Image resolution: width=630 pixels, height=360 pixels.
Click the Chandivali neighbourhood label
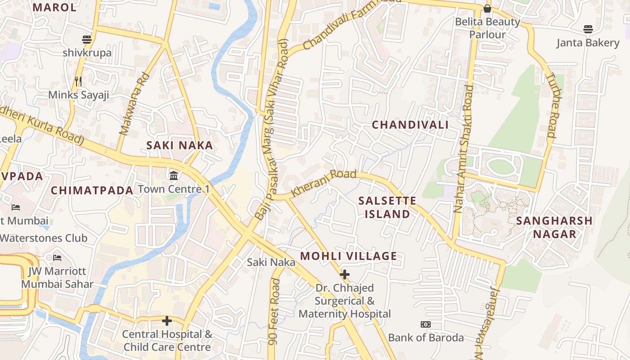[x=410, y=125]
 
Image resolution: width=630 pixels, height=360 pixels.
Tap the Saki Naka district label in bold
[x=180, y=145]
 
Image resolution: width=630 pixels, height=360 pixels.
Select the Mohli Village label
[x=348, y=256]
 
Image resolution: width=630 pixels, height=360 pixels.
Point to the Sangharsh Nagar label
[x=554, y=227]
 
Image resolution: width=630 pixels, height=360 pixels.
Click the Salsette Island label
[x=387, y=207]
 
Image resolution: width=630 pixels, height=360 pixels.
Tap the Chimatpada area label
[x=92, y=190]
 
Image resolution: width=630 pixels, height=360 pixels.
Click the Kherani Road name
[x=324, y=183]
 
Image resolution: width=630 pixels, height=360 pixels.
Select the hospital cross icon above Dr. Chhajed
[x=345, y=274]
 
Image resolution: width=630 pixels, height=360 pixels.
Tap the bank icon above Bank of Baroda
[x=425, y=324]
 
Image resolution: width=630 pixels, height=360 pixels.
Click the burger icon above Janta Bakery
[x=588, y=30]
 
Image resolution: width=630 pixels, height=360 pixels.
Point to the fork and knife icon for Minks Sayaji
[x=78, y=81]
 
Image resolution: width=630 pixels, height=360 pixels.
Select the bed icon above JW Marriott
[x=57, y=258]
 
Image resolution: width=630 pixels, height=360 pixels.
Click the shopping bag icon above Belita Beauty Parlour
[x=487, y=9]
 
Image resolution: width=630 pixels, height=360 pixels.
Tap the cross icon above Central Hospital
[x=167, y=321]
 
